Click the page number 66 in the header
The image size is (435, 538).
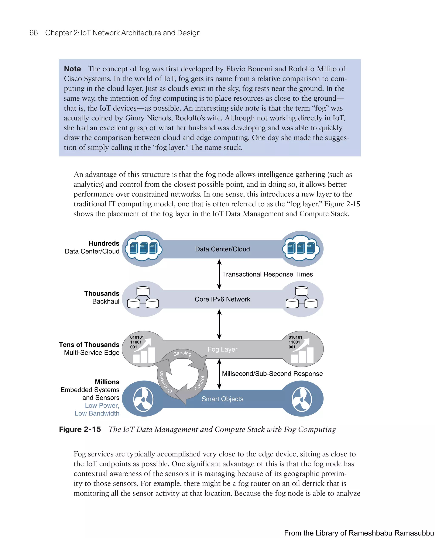(34, 33)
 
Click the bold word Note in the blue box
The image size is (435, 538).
(72, 69)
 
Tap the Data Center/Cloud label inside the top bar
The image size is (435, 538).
(222, 249)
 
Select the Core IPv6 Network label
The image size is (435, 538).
(222, 299)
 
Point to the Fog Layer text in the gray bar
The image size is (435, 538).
(222, 349)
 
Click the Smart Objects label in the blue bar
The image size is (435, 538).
(222, 399)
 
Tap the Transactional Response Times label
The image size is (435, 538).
(267, 274)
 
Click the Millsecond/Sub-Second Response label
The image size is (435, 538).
(272, 373)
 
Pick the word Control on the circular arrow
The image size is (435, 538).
(200, 383)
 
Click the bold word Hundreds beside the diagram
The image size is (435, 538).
(104, 244)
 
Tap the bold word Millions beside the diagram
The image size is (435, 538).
(107, 382)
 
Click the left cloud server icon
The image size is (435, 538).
(144, 248)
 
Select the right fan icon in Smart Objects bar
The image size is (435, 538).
(302, 399)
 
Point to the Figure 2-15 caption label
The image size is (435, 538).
(80, 429)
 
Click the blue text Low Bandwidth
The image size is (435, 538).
(97, 413)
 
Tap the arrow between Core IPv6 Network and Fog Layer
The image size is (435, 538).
(219, 324)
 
